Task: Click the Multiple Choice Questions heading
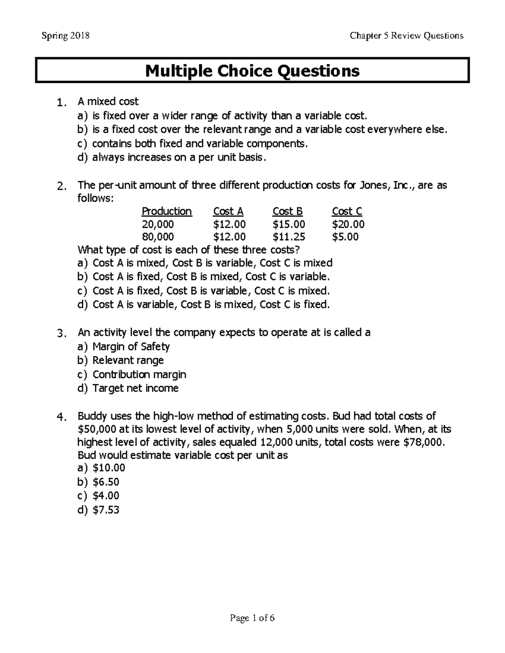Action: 252,71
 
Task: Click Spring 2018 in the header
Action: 65,36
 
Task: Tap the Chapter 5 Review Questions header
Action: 406,36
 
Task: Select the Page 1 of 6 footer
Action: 252,618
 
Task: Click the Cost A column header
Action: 228,211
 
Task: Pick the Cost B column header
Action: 287,211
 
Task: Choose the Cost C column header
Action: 347,211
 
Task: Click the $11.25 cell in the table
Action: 289,237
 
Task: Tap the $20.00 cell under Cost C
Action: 348,224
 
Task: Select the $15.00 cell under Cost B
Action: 289,224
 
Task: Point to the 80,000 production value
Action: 158,237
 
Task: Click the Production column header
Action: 167,211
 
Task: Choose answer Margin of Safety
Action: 131,347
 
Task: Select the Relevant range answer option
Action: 128,360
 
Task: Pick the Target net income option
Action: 135,388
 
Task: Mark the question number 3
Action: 61,334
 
